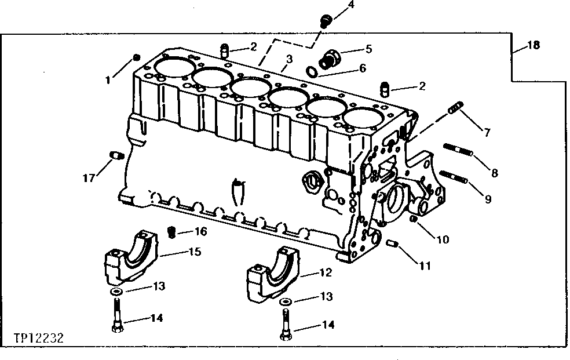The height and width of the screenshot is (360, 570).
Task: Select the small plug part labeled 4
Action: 326,21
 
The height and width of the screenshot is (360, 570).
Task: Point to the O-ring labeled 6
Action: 311,71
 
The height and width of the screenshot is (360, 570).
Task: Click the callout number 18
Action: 533,46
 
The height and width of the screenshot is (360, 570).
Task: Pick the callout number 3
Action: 289,59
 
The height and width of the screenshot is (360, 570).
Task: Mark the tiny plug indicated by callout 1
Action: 137,57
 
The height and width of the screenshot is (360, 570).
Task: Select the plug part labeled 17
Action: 114,155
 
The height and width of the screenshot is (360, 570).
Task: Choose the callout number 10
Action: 443,238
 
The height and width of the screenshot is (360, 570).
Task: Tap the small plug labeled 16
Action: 171,232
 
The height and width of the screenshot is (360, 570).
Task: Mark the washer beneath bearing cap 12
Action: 284,302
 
